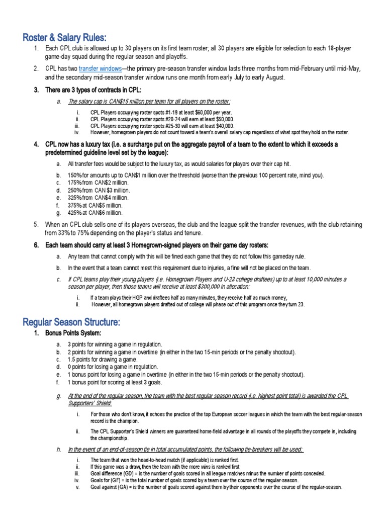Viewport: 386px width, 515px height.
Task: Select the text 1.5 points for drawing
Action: coord(101,360)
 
